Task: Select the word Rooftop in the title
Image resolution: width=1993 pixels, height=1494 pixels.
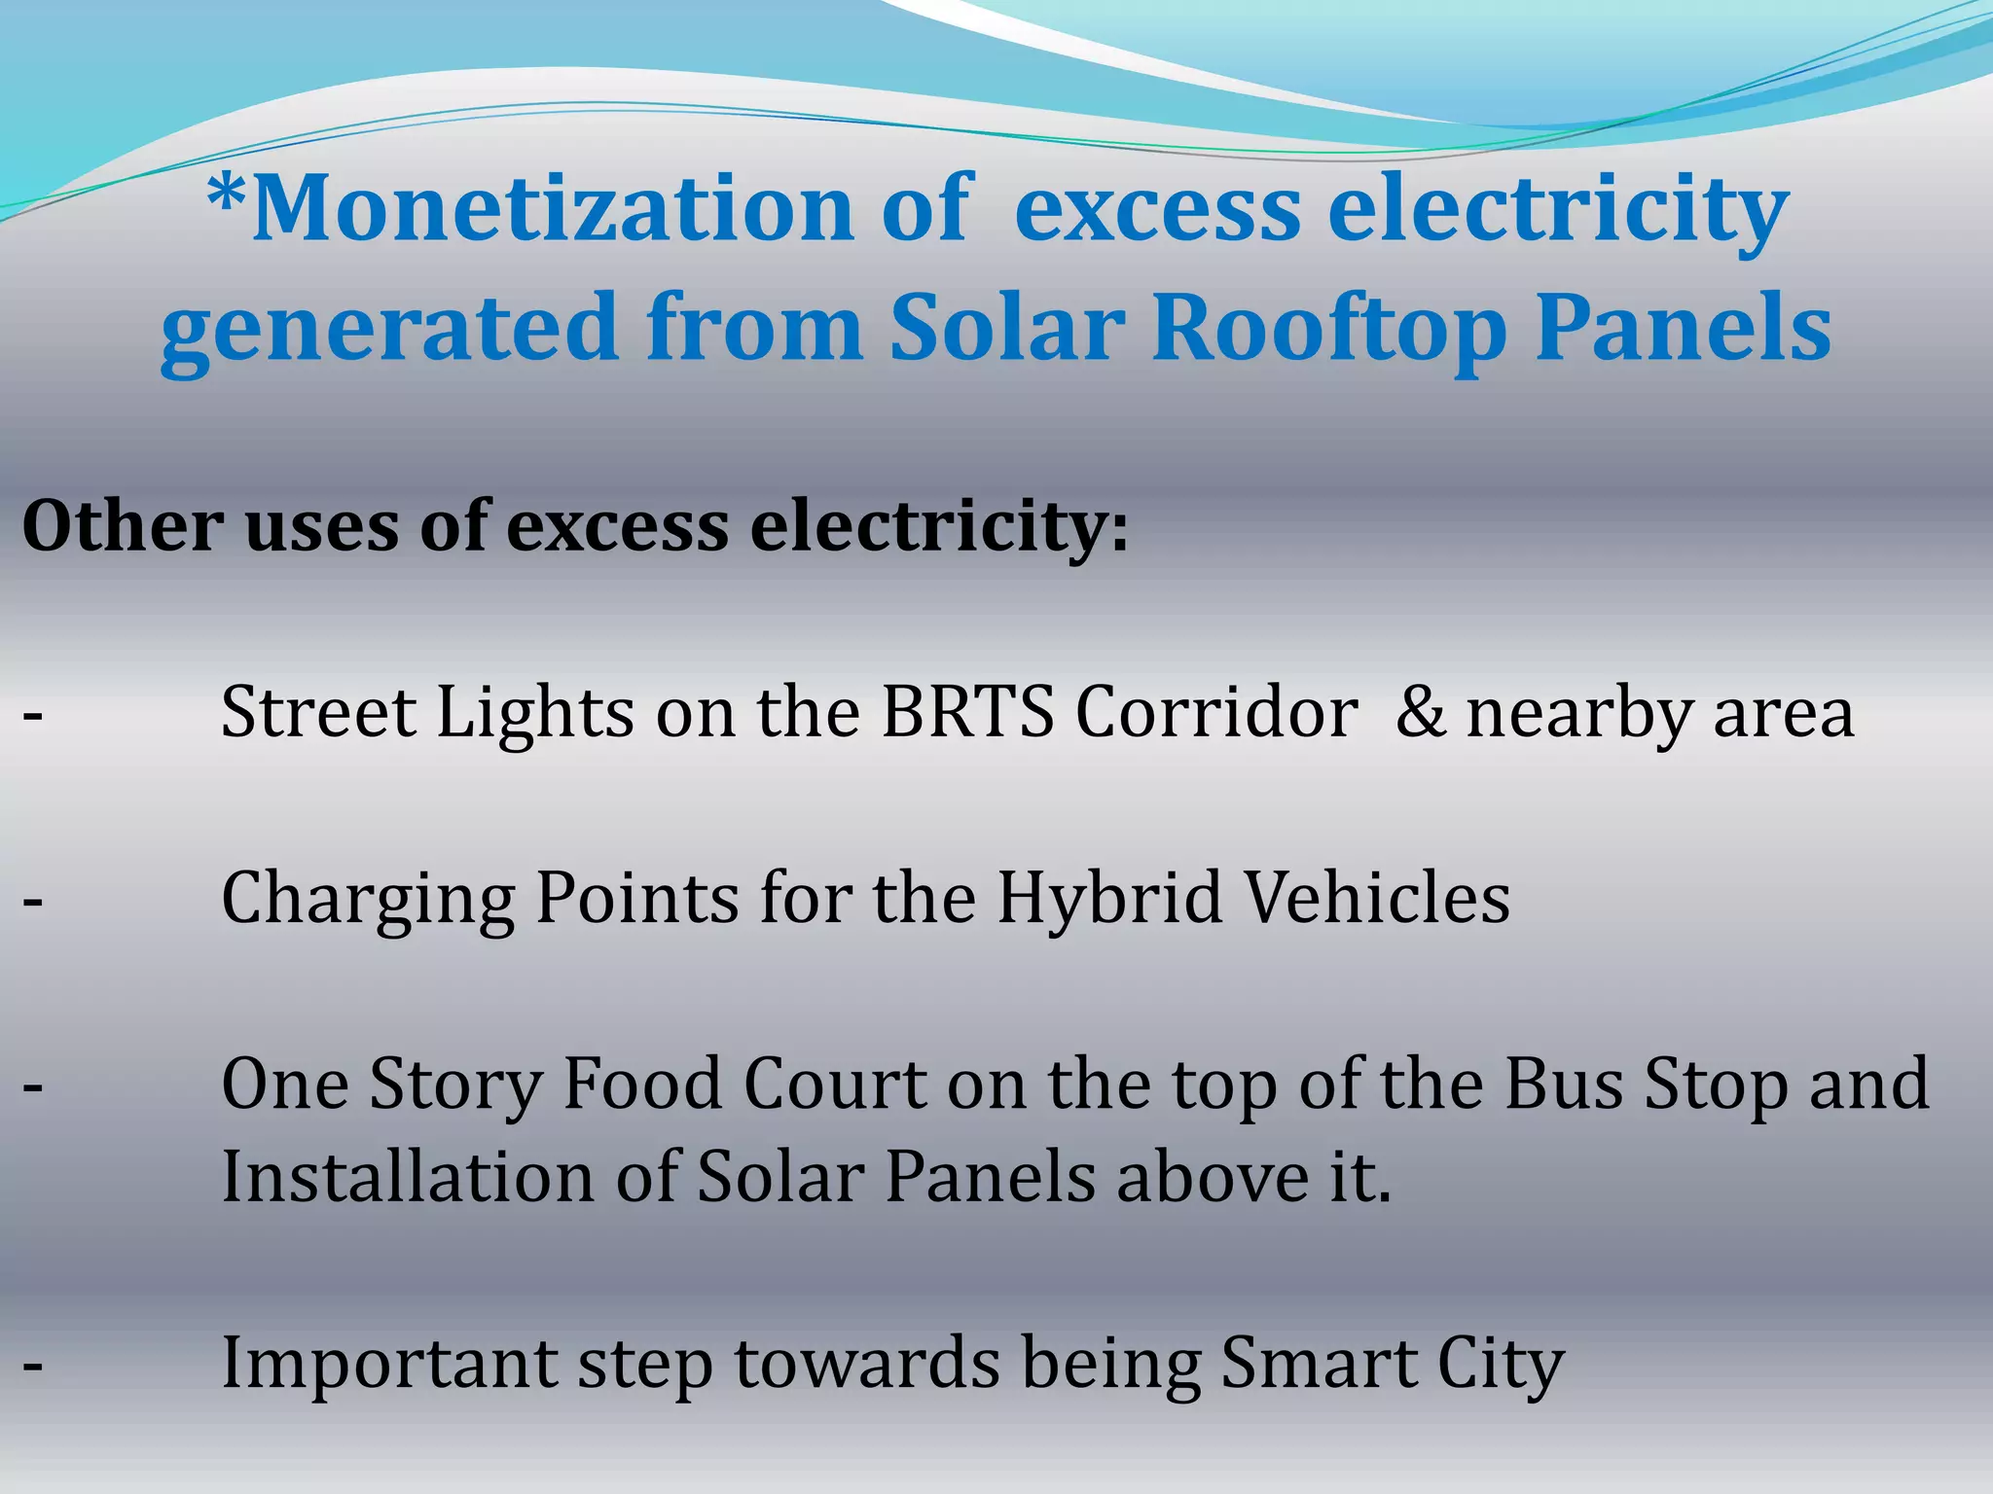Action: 1329,329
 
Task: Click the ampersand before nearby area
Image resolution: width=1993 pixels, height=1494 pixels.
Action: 1420,712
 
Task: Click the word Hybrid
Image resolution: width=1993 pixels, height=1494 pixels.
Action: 1109,899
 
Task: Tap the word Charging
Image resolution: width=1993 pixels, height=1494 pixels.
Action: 368,899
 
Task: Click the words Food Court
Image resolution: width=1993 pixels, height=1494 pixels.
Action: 744,1084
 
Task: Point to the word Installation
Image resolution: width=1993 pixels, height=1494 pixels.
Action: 408,1177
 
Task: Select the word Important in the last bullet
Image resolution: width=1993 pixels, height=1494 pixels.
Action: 389,1364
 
